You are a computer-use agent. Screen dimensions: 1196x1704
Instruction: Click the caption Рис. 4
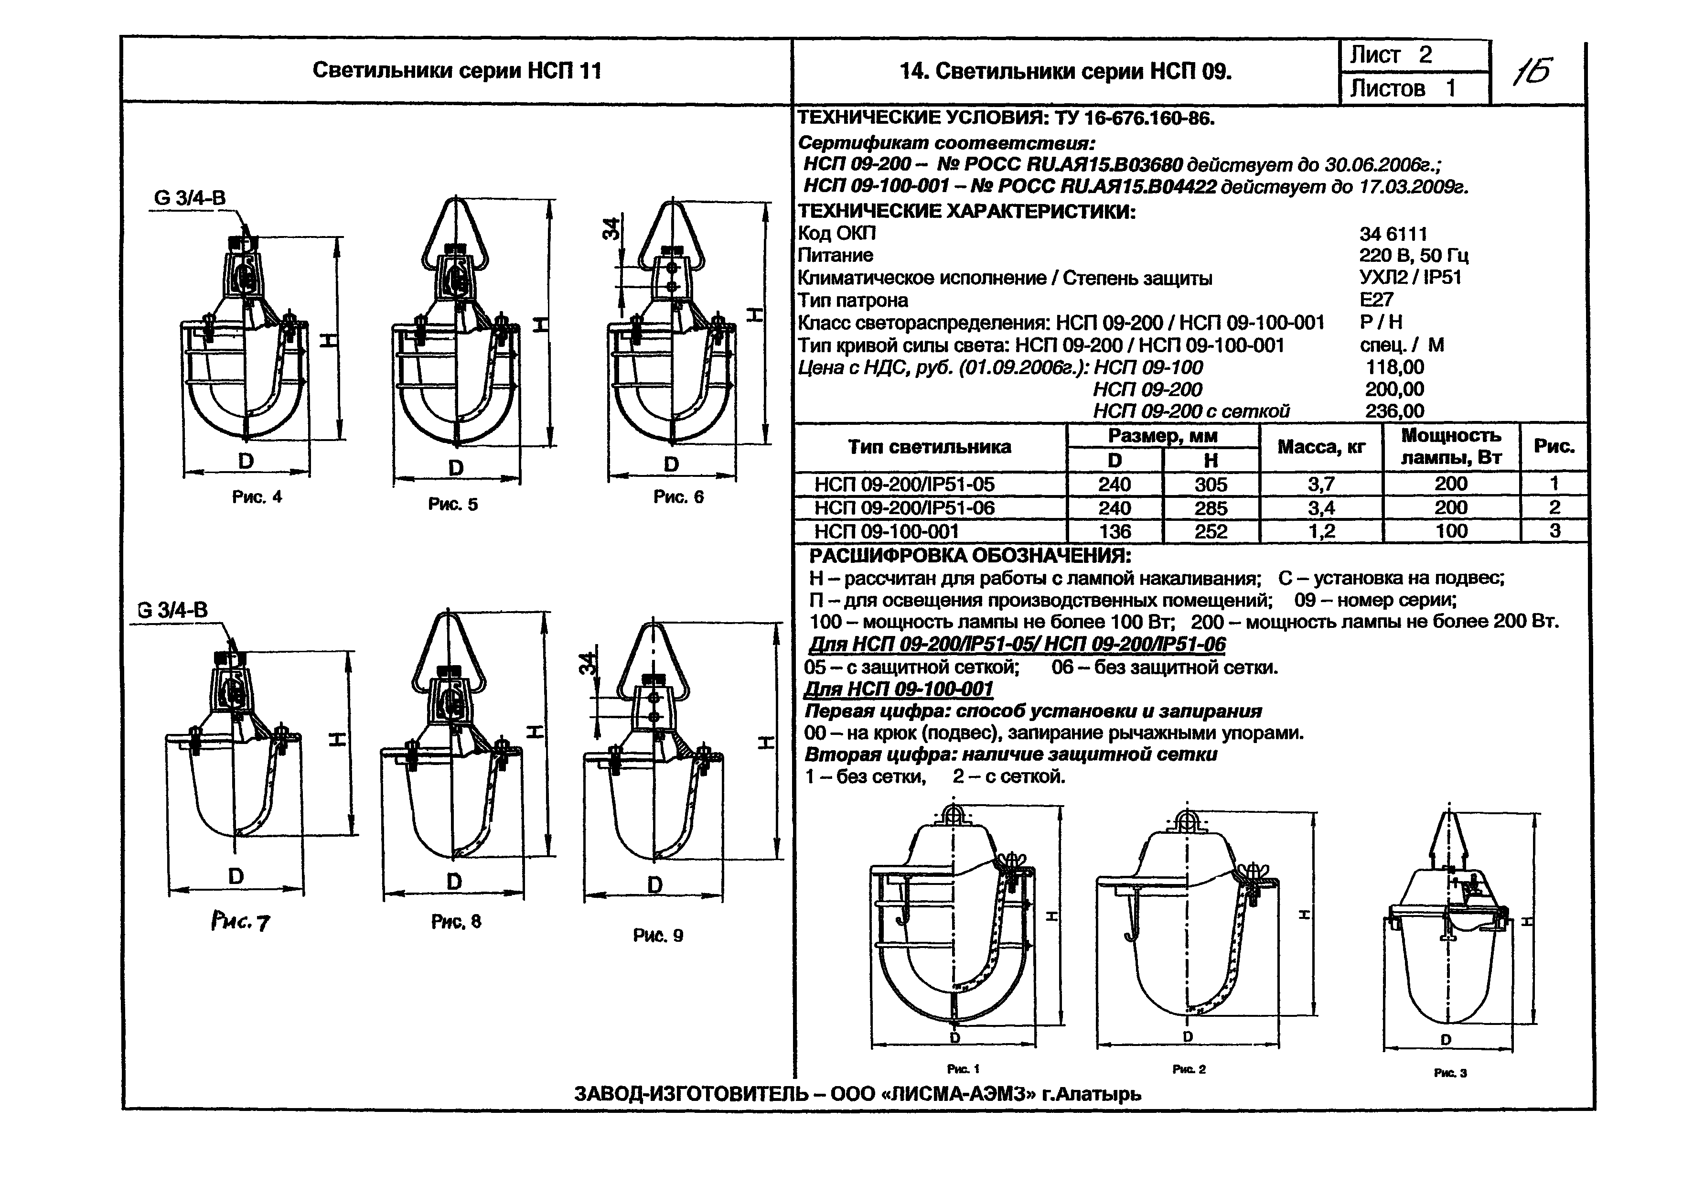point(257,496)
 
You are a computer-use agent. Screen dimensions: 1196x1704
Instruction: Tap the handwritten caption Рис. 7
point(240,922)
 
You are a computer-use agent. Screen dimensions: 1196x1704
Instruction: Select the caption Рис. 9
point(657,936)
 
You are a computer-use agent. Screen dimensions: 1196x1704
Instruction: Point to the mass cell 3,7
point(1321,484)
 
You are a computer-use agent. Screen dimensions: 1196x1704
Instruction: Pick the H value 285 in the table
point(1211,508)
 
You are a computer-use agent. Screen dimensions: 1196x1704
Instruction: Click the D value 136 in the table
point(1115,531)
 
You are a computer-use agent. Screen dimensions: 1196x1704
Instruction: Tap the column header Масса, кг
point(1321,447)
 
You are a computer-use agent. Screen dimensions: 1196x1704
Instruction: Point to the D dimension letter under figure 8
point(454,881)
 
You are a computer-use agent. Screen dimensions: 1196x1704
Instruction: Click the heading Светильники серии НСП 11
point(456,71)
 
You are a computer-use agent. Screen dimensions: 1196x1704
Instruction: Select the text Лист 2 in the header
point(1390,55)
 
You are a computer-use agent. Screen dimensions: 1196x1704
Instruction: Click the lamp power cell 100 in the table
point(1451,531)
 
